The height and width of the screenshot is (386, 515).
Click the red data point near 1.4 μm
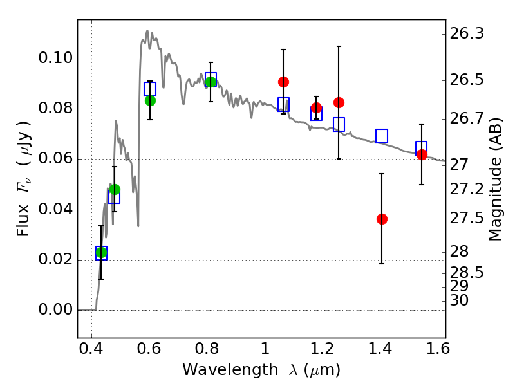382,219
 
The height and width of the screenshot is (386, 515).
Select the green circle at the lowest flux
101,253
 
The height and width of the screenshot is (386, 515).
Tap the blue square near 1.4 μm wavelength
382,136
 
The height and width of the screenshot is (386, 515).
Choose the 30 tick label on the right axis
461,300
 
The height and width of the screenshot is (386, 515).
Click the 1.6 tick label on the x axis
437,353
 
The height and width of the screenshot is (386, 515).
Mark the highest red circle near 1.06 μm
283,82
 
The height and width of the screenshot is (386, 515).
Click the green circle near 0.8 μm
211,82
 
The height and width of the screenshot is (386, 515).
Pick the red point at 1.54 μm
422,154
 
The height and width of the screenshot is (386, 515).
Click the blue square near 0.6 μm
150,89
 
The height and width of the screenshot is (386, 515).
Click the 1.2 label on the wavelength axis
322,353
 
